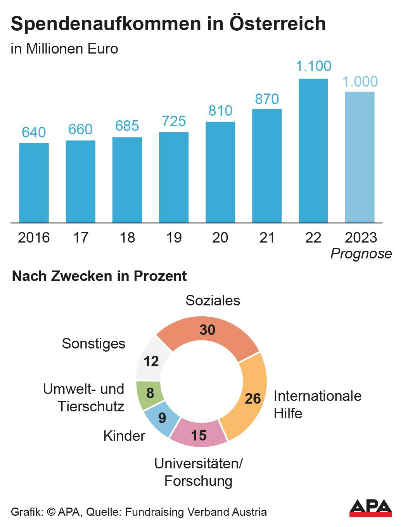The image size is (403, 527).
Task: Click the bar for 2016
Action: [x=34, y=182]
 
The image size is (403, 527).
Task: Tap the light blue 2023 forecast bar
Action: [x=360, y=157]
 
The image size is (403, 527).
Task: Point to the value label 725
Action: [x=174, y=121]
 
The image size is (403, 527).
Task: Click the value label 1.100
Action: [x=313, y=66]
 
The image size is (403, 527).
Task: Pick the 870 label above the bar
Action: [x=267, y=99]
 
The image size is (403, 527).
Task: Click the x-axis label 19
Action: [x=174, y=237]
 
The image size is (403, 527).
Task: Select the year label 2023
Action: [x=361, y=237]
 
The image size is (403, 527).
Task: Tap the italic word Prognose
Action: [x=361, y=254]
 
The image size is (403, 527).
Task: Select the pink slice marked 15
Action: [x=199, y=434]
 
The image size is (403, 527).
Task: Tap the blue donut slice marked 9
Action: [x=161, y=418]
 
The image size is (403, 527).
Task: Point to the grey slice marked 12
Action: [x=151, y=360]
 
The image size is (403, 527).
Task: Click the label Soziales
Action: [x=213, y=300]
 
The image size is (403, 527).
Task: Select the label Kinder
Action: [x=124, y=436]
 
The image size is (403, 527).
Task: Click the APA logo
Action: [x=370, y=508]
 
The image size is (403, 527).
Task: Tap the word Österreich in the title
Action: [x=278, y=24]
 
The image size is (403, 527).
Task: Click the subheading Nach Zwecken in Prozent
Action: [x=99, y=276]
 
